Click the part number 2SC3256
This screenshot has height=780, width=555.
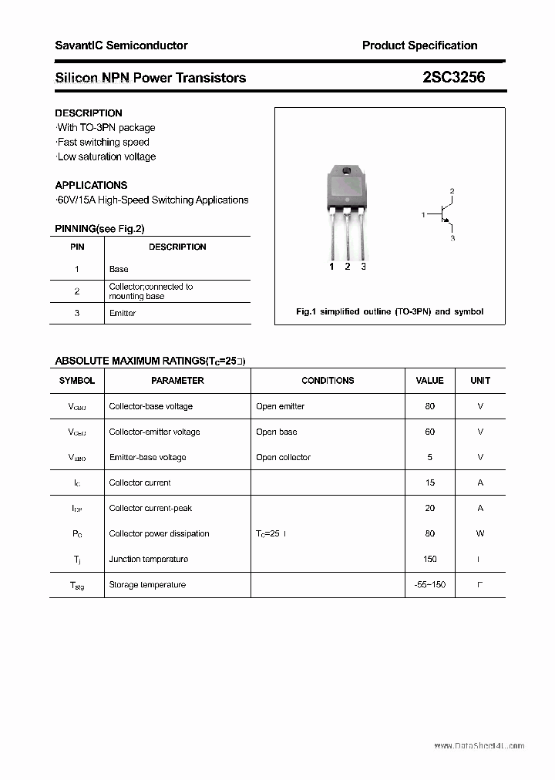tap(454, 77)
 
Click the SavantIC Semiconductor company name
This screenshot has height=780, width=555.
tap(121, 45)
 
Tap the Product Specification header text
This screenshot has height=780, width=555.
tap(419, 45)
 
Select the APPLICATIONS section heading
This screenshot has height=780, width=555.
tap(91, 185)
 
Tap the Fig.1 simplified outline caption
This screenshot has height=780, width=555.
tap(389, 311)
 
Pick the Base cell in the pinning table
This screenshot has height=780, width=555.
tap(119, 269)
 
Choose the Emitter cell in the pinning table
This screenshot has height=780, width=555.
tap(123, 313)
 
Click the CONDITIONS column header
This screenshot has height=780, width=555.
tap(328, 380)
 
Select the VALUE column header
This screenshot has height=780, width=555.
tap(429, 380)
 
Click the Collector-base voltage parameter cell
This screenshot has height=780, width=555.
tap(151, 406)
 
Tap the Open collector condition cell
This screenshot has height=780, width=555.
tap(283, 457)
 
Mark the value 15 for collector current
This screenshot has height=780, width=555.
tap(429, 482)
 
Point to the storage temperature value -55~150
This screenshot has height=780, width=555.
tap(429, 585)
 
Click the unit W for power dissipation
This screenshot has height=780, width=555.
tap(480, 533)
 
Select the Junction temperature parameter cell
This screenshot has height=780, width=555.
tap(149, 559)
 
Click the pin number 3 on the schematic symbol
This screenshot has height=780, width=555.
tap(452, 239)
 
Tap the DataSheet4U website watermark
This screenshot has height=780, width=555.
tap(479, 746)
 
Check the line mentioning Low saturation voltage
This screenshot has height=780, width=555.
tap(106, 156)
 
